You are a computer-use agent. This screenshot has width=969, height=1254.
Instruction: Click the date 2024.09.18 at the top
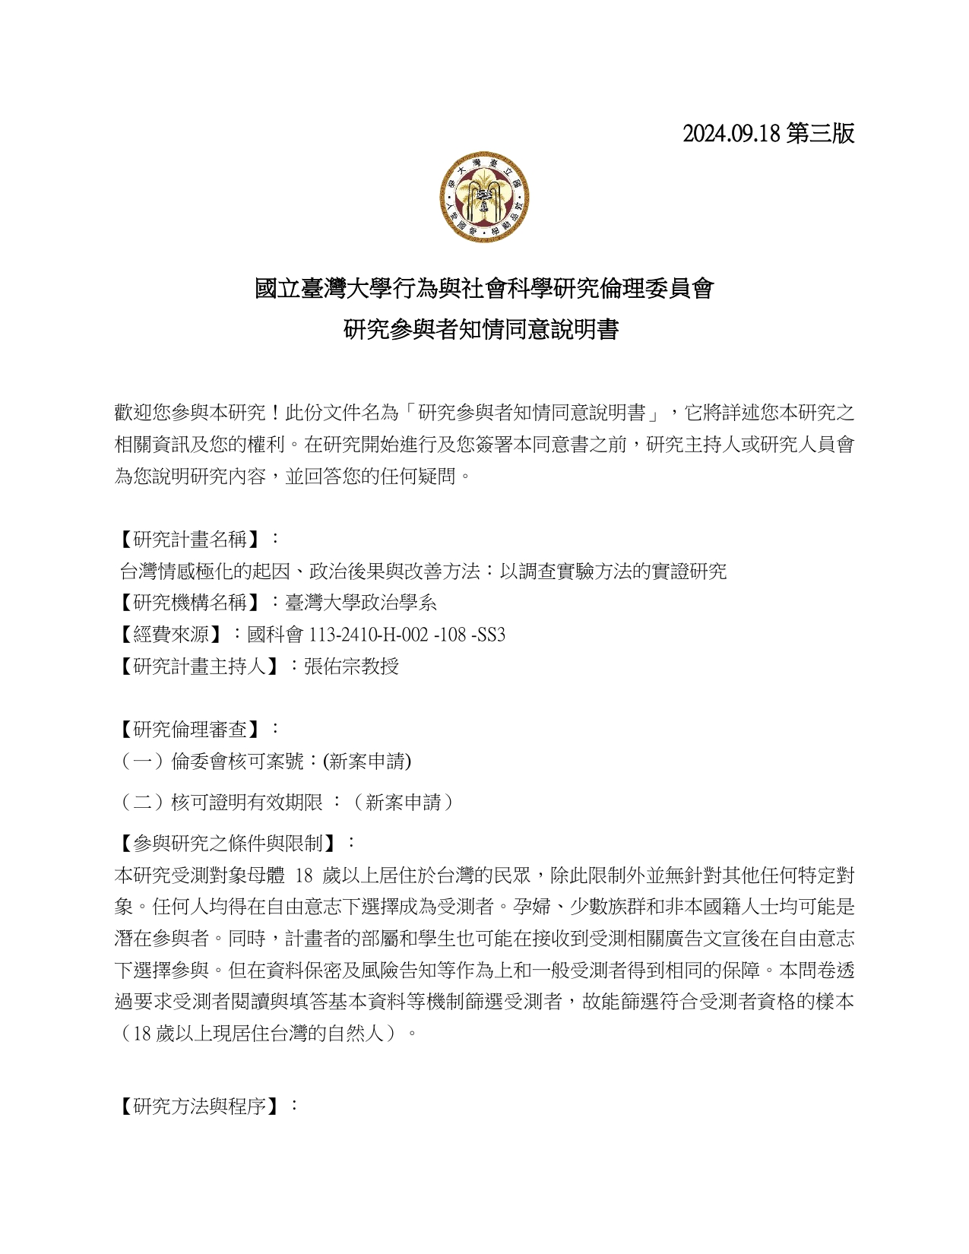click(x=731, y=134)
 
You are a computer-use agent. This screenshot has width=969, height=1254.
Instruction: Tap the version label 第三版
click(x=821, y=134)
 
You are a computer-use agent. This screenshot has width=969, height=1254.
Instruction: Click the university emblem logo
click(x=484, y=197)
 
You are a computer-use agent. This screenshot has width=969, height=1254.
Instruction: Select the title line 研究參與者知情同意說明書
click(x=481, y=330)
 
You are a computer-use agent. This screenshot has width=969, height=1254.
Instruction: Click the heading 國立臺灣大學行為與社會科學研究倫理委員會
click(x=484, y=289)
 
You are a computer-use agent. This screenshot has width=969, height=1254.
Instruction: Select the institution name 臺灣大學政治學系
click(x=361, y=603)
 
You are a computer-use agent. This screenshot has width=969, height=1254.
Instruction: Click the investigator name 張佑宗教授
click(x=351, y=667)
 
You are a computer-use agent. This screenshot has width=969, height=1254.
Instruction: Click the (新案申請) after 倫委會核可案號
click(x=367, y=762)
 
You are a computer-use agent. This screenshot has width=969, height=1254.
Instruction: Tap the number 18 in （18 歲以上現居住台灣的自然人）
click(x=142, y=1034)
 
